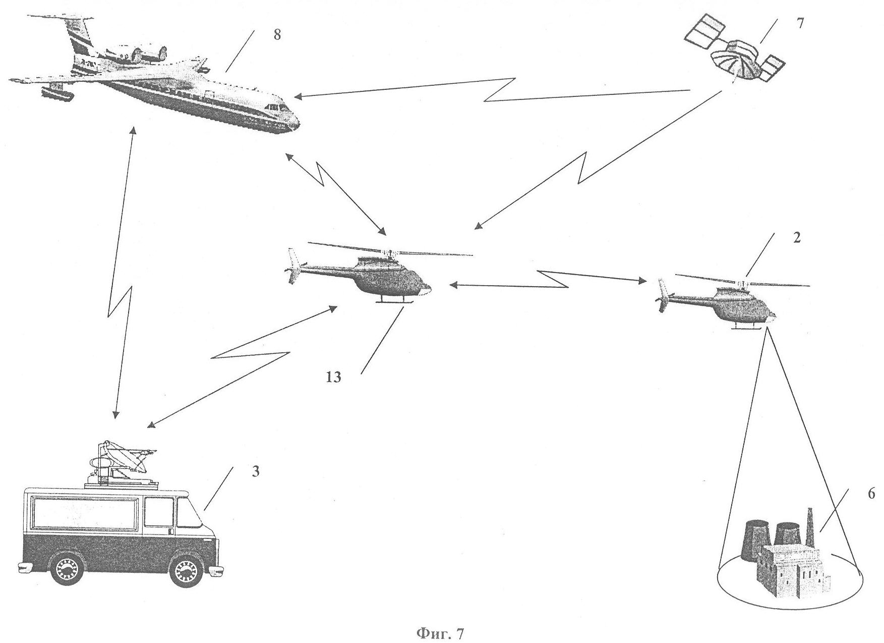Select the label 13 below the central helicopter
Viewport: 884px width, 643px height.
click(333, 377)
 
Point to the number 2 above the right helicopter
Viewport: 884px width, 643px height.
click(796, 238)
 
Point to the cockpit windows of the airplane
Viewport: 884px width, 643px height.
click(275, 108)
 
